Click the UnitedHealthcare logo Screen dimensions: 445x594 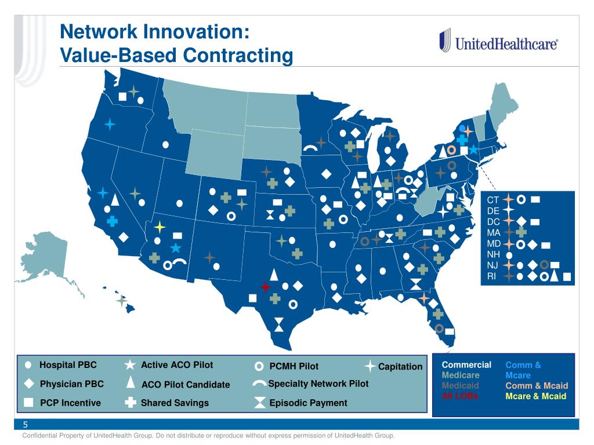498,43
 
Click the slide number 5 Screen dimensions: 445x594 26,425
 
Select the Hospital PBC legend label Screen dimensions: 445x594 68,365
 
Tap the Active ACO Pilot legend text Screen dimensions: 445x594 177,365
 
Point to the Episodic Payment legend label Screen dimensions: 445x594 308,403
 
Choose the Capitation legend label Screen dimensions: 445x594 400,366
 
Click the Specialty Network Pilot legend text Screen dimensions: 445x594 318,384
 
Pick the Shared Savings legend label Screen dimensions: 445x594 175,403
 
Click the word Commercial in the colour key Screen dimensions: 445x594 466,365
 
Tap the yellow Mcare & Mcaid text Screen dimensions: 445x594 535,396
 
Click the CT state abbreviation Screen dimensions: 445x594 493,200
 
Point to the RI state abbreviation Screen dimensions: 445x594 492,276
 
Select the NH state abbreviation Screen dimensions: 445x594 493,254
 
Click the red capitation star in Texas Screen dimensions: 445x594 266,287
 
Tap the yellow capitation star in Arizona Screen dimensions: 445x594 160,227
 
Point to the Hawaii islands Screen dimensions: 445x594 121,300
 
